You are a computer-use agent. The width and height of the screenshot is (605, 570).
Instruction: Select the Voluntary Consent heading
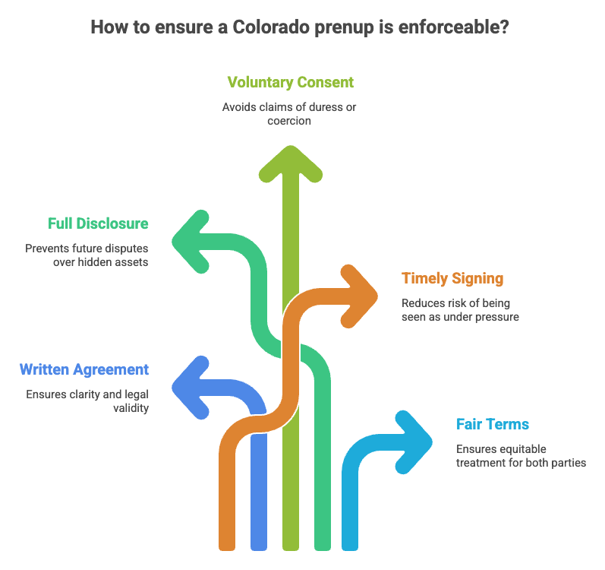pos(290,82)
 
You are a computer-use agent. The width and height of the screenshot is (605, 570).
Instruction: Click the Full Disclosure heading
pos(98,223)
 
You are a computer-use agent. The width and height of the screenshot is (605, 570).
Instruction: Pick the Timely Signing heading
pos(452,279)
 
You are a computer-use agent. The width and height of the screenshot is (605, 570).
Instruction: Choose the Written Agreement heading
pos(84,370)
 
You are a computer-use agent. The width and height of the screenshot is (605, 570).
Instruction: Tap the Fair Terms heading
pos(493,424)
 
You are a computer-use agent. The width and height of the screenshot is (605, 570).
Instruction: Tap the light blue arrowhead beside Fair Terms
pos(414,441)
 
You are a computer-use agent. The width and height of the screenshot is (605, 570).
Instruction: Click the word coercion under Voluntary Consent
pos(289,121)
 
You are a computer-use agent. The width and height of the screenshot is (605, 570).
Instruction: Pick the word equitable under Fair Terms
pos(520,449)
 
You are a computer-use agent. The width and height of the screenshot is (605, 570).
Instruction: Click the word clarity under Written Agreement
pos(88,395)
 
